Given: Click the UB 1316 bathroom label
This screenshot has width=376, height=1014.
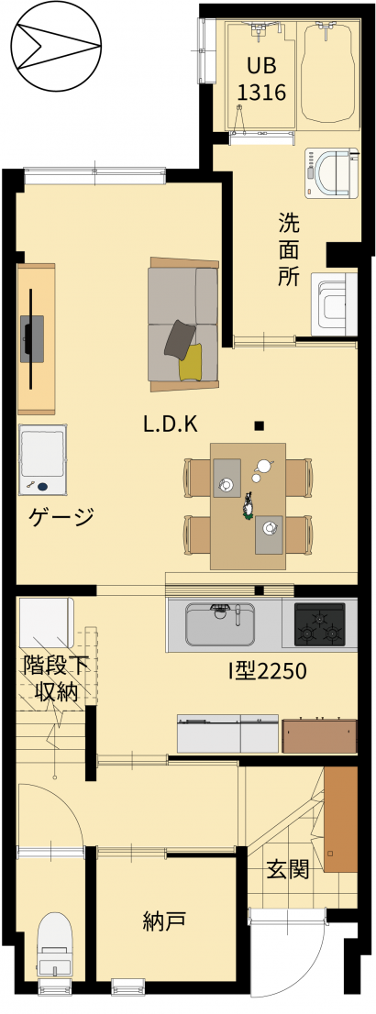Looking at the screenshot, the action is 260,80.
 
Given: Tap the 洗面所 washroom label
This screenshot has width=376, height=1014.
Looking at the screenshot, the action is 289,249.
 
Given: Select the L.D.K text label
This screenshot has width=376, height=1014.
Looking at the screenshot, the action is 170,424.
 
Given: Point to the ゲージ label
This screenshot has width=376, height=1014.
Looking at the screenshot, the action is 62,517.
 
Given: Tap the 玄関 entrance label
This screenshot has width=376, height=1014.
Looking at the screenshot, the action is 288,870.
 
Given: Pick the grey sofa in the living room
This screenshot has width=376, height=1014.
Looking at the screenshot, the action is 183,325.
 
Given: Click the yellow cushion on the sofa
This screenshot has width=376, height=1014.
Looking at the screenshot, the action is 190,361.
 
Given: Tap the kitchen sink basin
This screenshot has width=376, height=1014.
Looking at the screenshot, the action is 219,625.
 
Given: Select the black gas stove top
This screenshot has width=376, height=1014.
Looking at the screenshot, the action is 320,624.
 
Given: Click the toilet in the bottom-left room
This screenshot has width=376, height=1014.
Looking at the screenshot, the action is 54,945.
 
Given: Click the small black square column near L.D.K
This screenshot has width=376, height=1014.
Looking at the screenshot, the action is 259,425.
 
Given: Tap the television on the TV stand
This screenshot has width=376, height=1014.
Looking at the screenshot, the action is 30,339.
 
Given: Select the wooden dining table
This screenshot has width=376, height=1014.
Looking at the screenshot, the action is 248,506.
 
